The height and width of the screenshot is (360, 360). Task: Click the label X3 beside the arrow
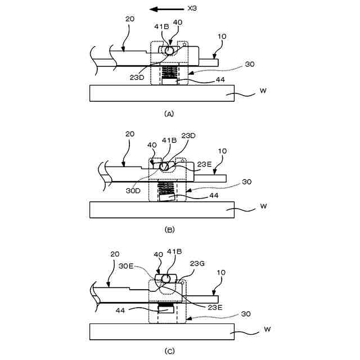(x=191, y=9)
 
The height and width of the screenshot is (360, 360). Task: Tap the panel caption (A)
(x=169, y=114)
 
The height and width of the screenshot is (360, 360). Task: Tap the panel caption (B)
(x=169, y=229)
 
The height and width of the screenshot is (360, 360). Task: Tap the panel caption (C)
(x=169, y=352)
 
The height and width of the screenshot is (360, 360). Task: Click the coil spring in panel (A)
(x=169, y=73)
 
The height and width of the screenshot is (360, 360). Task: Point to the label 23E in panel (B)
(x=205, y=164)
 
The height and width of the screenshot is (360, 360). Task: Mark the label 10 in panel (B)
(x=222, y=151)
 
